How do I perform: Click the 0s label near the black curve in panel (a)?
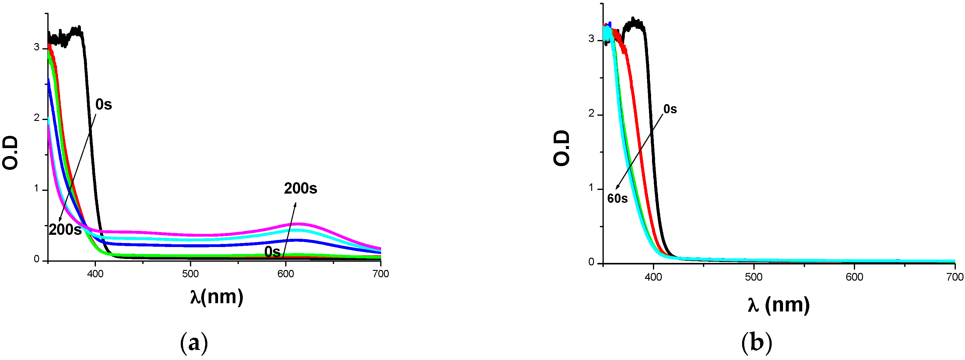104,104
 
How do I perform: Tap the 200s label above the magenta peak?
300,188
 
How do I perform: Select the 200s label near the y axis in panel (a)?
65,230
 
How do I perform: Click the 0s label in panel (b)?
670,109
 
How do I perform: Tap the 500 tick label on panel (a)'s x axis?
190,274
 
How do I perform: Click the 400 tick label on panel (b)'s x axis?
654,277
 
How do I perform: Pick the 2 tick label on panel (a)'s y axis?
37,118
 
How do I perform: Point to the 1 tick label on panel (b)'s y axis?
591,188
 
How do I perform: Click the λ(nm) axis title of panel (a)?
217,297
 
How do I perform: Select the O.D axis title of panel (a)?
10,153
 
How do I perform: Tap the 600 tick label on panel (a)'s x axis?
286,274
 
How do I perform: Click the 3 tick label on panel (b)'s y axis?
591,39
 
